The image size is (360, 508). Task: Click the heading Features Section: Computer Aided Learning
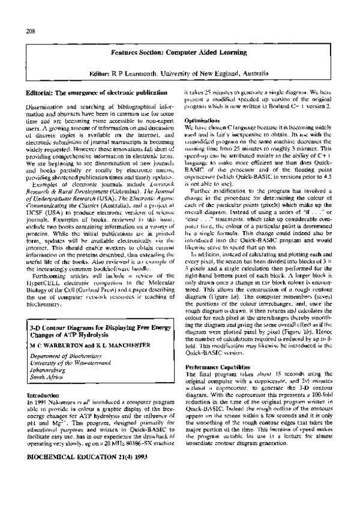pos(179,53)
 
